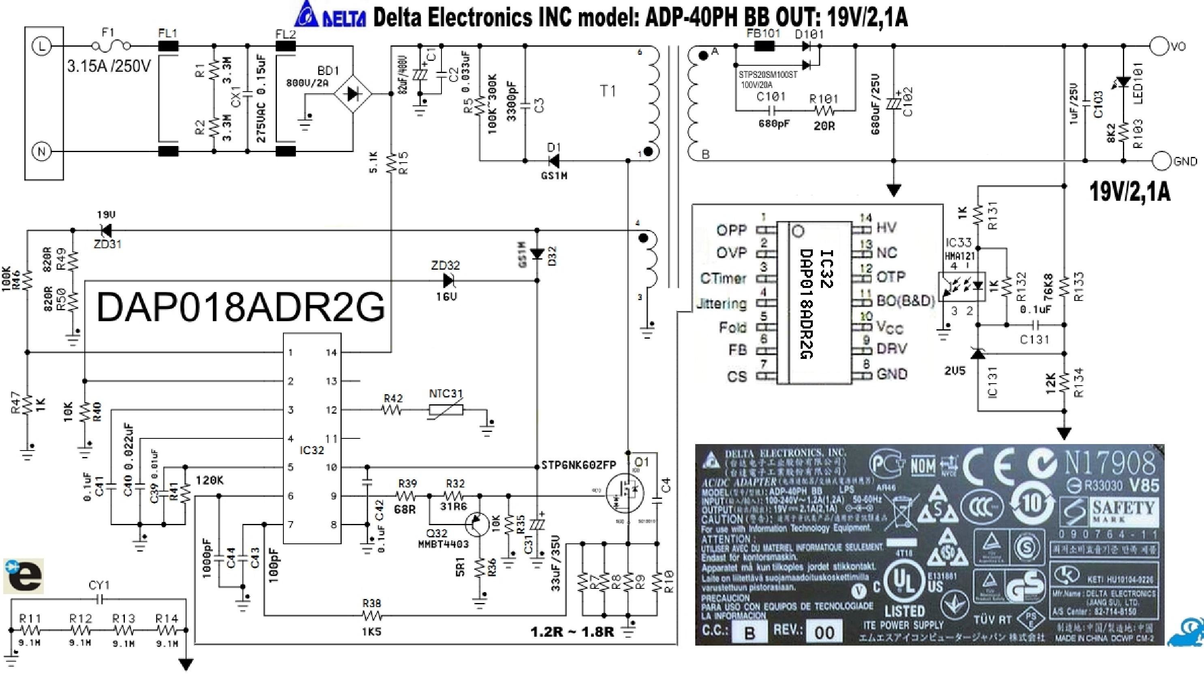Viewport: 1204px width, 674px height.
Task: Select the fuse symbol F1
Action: [111, 46]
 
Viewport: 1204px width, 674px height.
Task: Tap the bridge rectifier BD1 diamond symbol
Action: [353, 94]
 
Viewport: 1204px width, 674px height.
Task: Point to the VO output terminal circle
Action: [1159, 46]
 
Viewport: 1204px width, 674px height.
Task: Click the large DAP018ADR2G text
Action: [241, 307]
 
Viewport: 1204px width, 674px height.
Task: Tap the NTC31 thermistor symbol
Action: [446, 410]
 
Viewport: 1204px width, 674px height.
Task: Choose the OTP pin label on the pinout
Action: [890, 277]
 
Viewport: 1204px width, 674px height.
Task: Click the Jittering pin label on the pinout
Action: [722, 304]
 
